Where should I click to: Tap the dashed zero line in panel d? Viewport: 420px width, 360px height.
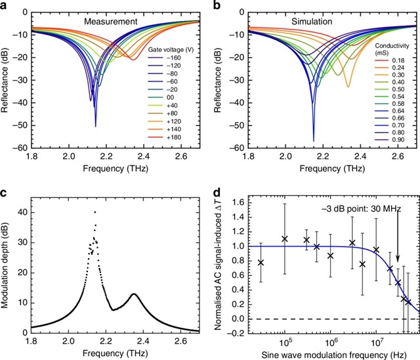[x=328, y=319]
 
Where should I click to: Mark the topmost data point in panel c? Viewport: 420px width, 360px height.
[x=95, y=212]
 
